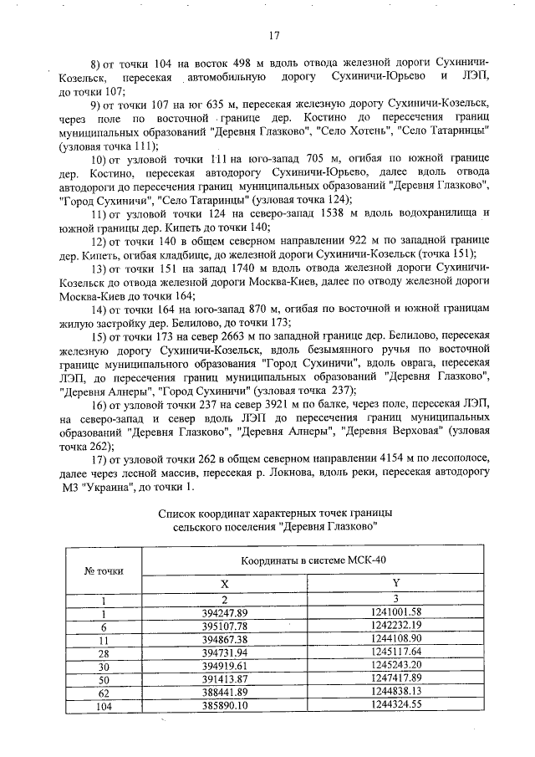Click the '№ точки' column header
click(104, 570)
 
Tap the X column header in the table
click(223, 582)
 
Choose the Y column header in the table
click(396, 582)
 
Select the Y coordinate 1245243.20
click(396, 666)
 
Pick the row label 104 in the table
click(104, 706)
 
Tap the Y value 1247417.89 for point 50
click(396, 679)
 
